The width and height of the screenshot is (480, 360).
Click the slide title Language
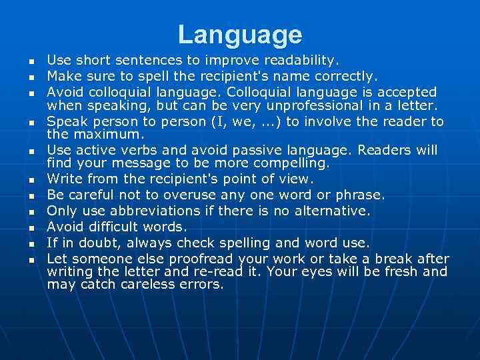pyautogui.click(x=240, y=35)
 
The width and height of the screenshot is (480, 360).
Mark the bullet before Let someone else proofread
pyautogui.click(x=31, y=259)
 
